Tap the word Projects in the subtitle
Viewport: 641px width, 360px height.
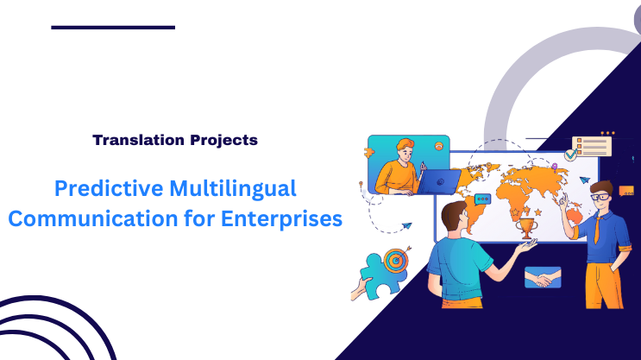(225, 139)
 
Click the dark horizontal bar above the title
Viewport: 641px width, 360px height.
(113, 28)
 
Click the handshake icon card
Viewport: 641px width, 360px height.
(543, 278)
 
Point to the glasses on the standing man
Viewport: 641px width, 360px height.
(601, 198)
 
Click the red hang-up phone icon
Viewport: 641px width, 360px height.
(440, 148)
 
